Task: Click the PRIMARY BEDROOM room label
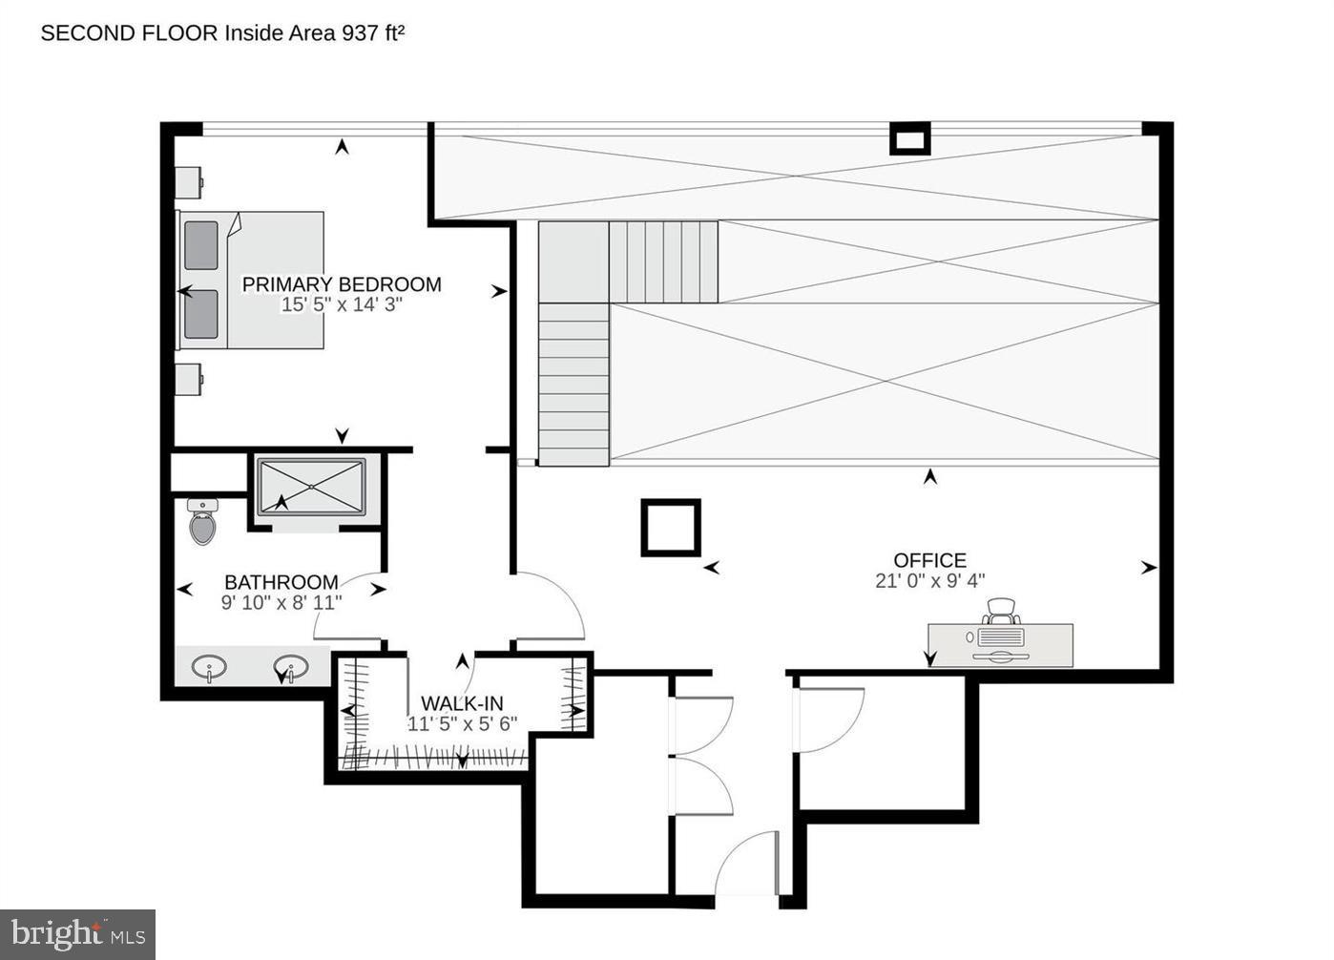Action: tap(342, 284)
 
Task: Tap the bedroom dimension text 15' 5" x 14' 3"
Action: tap(342, 305)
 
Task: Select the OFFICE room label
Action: tap(929, 560)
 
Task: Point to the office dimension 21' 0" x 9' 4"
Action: tap(929, 580)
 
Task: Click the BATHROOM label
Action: tap(281, 582)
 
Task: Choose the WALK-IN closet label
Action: tap(462, 704)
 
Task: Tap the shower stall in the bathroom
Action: tap(311, 489)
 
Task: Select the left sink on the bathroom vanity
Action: tap(209, 667)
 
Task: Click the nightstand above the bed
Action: tap(188, 181)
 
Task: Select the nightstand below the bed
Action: tap(188, 379)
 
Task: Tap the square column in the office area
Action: tap(671, 527)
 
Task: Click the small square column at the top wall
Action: tap(909, 139)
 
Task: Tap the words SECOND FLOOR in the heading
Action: tap(129, 33)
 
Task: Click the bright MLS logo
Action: tap(77, 934)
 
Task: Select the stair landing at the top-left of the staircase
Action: tap(573, 262)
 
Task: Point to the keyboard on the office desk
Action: tap(1001, 637)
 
